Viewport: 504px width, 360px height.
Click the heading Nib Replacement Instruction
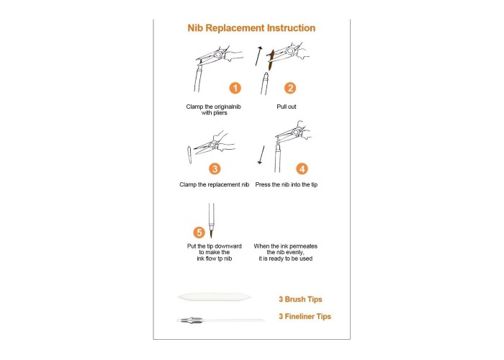tap(251, 28)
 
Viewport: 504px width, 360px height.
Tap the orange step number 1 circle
tap(235, 88)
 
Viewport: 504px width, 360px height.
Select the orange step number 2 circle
tap(290, 88)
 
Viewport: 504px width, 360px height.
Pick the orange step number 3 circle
tap(215, 168)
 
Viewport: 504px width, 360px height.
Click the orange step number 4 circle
tap(302, 168)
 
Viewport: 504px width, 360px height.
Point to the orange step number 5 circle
tap(199, 233)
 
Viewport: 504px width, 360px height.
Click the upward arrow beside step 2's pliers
tap(258, 56)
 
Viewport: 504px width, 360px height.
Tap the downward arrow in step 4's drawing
tap(261, 155)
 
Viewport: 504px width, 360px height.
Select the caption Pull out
tap(287, 107)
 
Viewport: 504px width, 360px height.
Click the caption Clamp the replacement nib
tap(215, 184)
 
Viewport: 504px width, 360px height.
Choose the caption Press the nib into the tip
tap(287, 184)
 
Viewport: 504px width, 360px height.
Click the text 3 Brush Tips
tap(300, 300)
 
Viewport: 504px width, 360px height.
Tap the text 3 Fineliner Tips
tap(305, 316)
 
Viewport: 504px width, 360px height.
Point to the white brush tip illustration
tap(214, 297)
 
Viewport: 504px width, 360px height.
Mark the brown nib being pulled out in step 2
tap(271, 60)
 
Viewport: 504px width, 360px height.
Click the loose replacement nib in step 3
tap(189, 155)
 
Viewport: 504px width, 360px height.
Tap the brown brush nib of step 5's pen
tap(212, 233)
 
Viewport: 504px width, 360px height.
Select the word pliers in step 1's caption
tap(220, 113)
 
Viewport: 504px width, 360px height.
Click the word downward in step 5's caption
tap(228, 246)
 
